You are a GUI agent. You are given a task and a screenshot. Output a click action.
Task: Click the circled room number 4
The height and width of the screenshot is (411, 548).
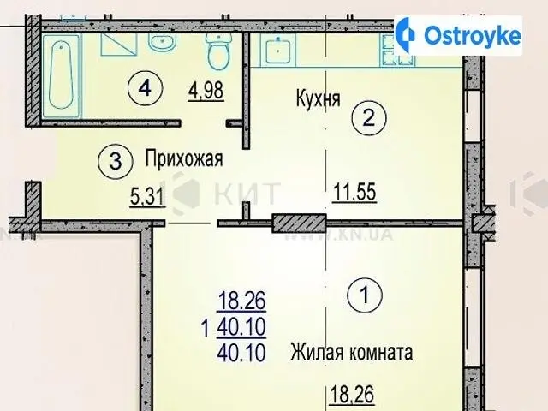click(145, 88)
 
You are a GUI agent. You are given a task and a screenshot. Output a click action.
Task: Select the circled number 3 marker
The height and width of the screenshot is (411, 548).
click(116, 162)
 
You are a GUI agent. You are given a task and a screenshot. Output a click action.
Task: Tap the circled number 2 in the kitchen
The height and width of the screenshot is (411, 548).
click(369, 118)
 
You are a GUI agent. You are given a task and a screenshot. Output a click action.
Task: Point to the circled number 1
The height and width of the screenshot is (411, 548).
click(365, 295)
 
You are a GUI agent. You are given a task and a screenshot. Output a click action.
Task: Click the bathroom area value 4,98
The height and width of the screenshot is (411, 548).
click(205, 91)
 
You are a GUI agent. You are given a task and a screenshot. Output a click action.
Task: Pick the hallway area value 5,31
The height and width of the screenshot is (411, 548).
click(147, 196)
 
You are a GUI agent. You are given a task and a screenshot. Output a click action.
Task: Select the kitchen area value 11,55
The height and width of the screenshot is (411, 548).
click(354, 192)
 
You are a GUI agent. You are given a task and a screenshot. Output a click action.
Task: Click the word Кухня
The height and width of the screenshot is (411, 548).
click(318, 98)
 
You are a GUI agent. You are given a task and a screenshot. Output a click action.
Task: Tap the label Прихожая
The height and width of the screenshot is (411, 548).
click(184, 159)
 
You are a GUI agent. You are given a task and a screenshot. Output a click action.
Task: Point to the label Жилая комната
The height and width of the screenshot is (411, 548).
click(352, 352)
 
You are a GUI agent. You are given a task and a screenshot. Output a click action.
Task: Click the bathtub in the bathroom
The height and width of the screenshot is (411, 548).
click(61, 75)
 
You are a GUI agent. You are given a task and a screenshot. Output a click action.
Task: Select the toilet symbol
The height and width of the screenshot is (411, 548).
click(219, 51)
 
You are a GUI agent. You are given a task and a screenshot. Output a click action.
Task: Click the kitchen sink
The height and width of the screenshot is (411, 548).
click(277, 49)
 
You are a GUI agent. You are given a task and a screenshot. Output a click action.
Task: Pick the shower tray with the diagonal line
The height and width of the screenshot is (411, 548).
click(119, 45)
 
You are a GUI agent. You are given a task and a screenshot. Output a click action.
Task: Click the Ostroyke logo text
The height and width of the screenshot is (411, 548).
click(473, 35)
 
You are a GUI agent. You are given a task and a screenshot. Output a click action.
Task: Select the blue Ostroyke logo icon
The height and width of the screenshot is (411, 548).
click(406, 35)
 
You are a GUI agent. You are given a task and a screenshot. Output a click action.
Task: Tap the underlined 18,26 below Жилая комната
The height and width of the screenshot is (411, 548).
click(352, 395)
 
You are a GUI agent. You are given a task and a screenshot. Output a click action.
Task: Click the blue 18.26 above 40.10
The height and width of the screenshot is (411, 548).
click(241, 301)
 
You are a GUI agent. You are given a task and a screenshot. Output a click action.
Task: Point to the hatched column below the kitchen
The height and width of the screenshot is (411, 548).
click(299, 223)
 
